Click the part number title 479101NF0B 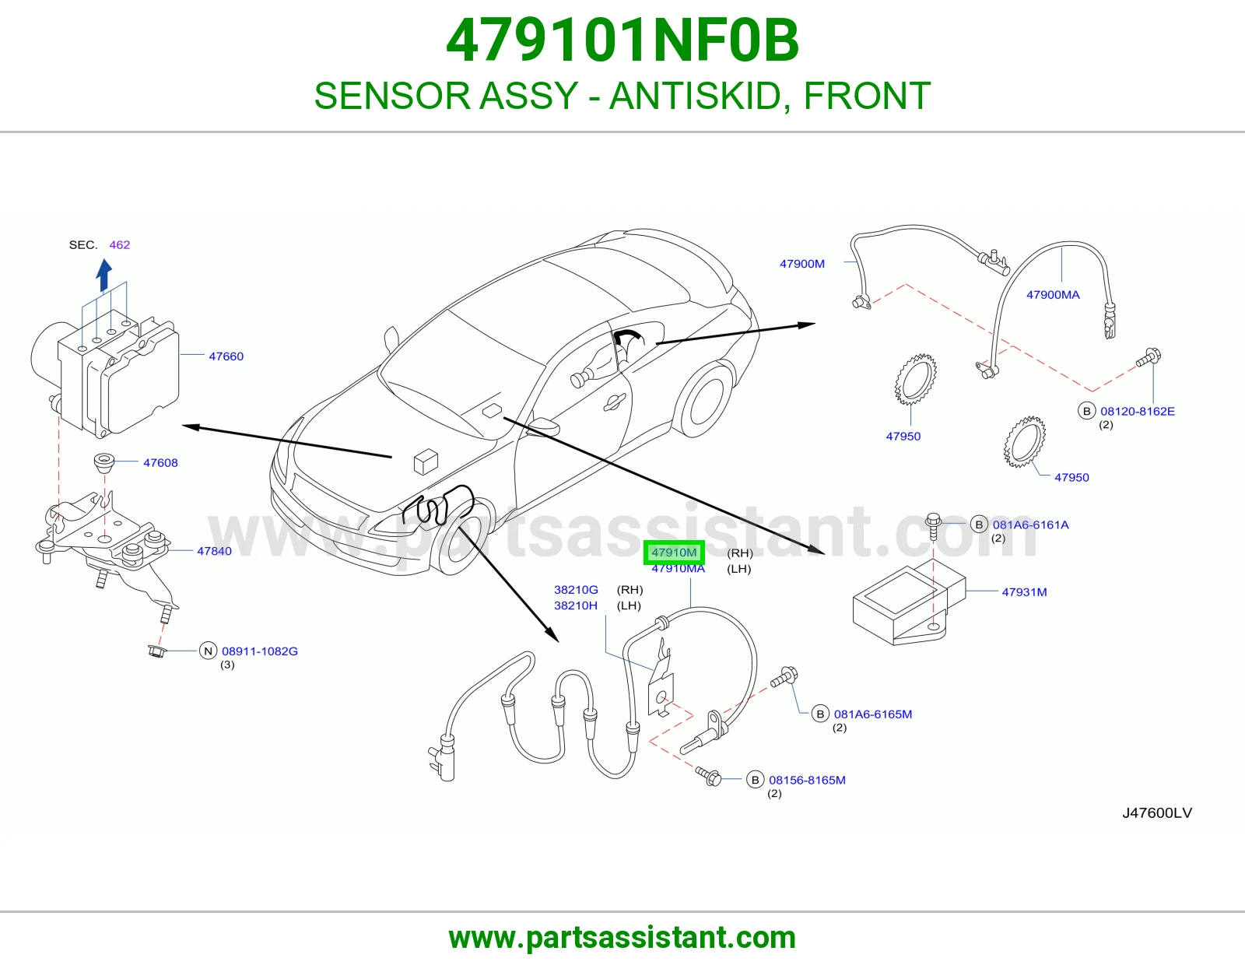622,40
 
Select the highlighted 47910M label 674,553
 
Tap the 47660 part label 226,356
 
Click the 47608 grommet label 160,463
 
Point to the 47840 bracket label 214,551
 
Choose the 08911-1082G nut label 260,651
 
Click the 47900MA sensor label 1053,295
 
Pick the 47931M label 1024,592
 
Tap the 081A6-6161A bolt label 1031,525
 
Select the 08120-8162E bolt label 1138,412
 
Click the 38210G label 576,590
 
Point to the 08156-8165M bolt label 807,781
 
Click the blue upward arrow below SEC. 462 103,275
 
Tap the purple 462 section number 120,245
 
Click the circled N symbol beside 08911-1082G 208,651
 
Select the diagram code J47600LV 1157,813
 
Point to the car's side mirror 543,426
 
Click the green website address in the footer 622,938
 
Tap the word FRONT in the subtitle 867,96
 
